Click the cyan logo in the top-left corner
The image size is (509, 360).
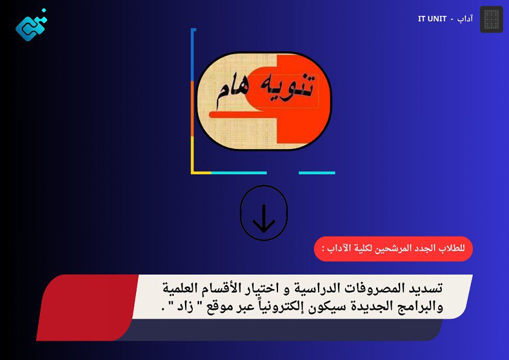pos(31,25)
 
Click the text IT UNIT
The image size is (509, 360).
pos(432,19)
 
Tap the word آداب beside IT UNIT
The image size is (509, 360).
pos(465,19)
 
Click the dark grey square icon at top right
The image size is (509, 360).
pos(491,19)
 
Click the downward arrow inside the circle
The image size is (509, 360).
pos(264,218)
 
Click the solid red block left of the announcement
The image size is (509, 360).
pos(88,307)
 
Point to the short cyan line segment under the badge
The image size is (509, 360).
pos(317,173)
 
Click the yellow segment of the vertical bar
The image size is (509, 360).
pos(192,155)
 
